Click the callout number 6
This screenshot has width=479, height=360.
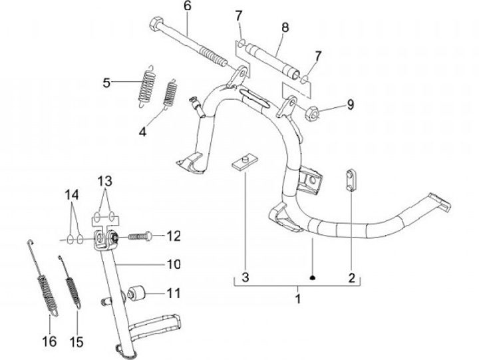point(187,7)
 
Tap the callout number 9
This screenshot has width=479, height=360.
point(350,104)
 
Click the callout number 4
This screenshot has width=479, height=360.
point(142,132)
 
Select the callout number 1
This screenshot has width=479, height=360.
point(298,299)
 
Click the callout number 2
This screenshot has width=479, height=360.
point(351,276)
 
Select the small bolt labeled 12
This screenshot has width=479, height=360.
point(138,236)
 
